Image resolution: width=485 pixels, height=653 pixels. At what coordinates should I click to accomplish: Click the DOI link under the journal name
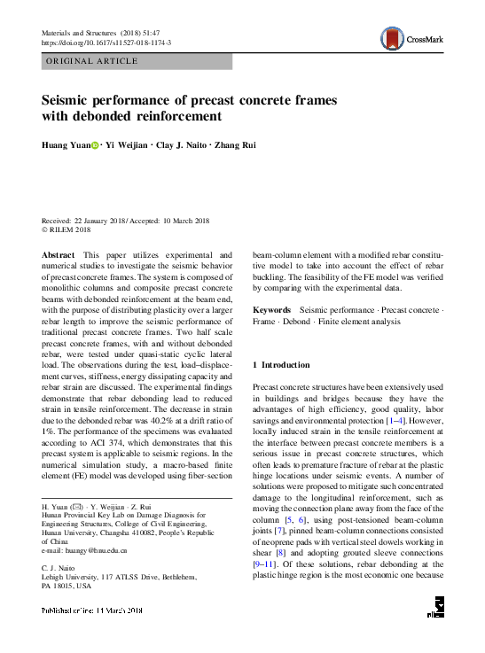107,43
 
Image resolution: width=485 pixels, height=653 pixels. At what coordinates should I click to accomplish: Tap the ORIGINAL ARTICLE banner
91,61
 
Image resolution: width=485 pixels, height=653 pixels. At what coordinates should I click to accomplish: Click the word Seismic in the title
68,100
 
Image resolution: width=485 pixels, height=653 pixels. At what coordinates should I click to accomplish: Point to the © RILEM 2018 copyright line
66,229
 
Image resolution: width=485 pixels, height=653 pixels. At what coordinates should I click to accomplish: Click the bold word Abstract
59,253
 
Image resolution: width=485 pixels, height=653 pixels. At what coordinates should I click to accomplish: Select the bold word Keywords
272,309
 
